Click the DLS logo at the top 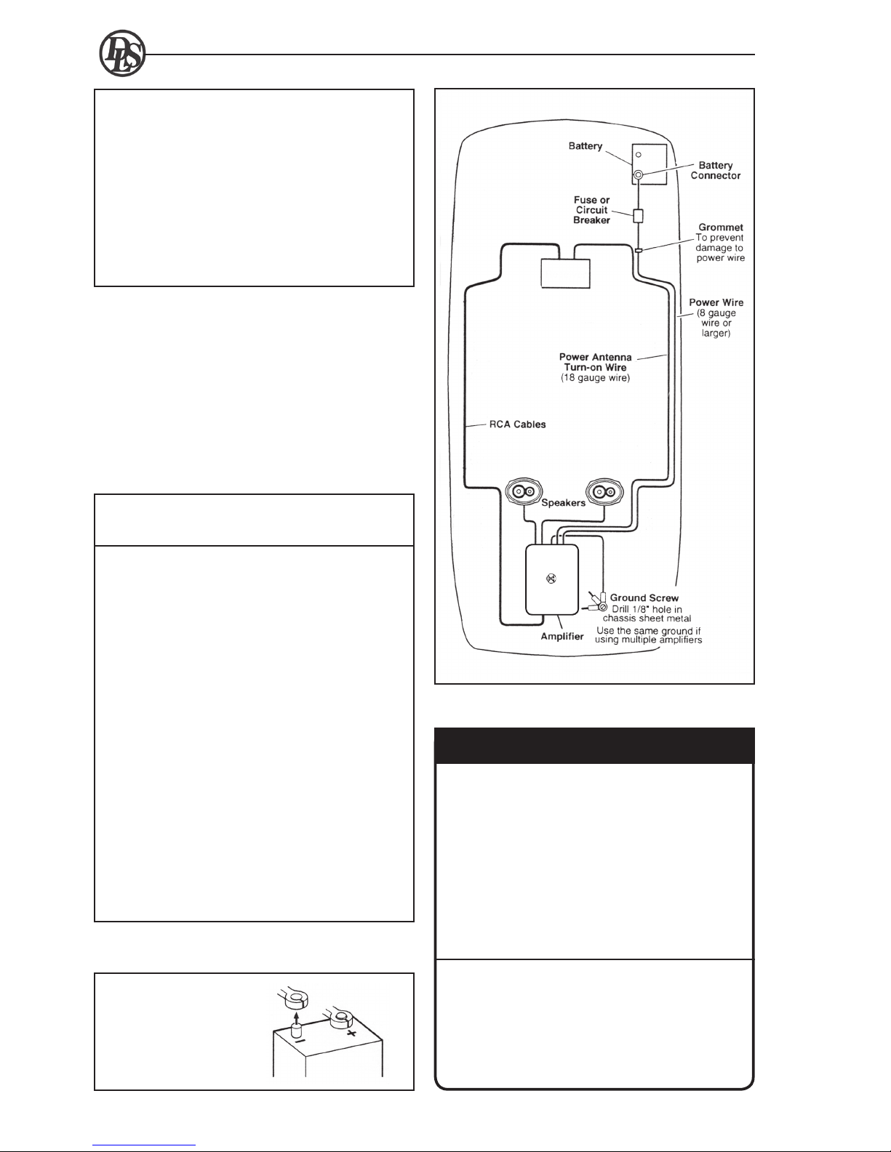click(122, 54)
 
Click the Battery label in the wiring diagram click(585, 146)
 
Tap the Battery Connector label click(716, 170)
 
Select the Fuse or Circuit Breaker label click(591, 210)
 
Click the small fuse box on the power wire click(638, 215)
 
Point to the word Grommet click(721, 227)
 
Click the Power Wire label click(716, 302)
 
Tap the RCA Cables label click(517, 424)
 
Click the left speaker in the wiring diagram click(523, 491)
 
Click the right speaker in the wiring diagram click(604, 491)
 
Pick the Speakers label click(563, 502)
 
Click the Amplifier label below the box click(562, 636)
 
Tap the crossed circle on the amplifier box click(551, 579)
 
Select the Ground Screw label click(644, 598)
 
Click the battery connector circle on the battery click(639, 174)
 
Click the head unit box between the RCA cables click(565, 273)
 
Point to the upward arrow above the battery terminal click(297, 1018)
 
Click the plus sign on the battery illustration click(351, 1034)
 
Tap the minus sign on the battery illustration click(300, 1041)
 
